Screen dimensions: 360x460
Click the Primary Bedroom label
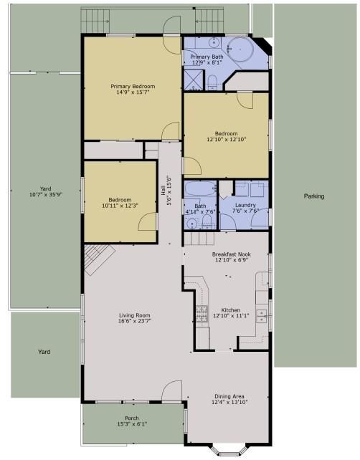point(133,86)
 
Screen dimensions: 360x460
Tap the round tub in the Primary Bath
point(240,49)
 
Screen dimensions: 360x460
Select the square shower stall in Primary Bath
point(193,80)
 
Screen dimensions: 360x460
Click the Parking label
point(314,196)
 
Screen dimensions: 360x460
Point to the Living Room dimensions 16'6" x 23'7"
point(135,321)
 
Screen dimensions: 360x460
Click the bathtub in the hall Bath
point(200,188)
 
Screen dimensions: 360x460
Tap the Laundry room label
point(245,205)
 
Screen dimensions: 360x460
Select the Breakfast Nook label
point(232,254)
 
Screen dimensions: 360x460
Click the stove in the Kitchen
point(202,314)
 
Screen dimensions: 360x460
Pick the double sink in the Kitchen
point(261,316)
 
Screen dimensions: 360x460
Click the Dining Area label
point(229,396)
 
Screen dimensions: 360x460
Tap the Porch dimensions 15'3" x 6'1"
point(132,424)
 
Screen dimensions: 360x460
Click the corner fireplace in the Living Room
point(99,259)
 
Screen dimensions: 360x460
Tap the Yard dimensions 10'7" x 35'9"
point(46,194)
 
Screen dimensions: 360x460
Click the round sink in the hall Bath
point(191,224)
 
